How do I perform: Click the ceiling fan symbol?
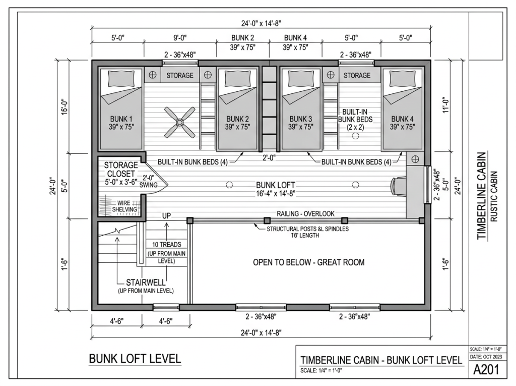click(x=180, y=122)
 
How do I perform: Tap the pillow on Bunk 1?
click(x=121, y=78)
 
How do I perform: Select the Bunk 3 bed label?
click(x=300, y=123)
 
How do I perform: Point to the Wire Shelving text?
click(x=124, y=206)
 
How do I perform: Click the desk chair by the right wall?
click(x=398, y=187)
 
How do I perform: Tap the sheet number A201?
click(x=486, y=369)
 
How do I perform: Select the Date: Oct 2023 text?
click(x=486, y=357)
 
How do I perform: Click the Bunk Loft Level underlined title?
click(x=135, y=359)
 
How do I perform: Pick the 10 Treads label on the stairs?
click(x=166, y=244)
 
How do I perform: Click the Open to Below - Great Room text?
click(x=309, y=262)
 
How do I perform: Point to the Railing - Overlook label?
click(x=305, y=213)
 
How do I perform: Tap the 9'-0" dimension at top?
click(x=180, y=37)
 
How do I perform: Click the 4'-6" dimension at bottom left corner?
click(x=116, y=321)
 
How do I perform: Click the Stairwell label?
click(x=146, y=283)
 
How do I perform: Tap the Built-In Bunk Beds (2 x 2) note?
click(x=355, y=119)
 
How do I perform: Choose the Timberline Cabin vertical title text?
click(x=481, y=195)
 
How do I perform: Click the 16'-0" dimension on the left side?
click(x=64, y=106)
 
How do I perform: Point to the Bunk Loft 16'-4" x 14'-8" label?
click(x=276, y=189)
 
